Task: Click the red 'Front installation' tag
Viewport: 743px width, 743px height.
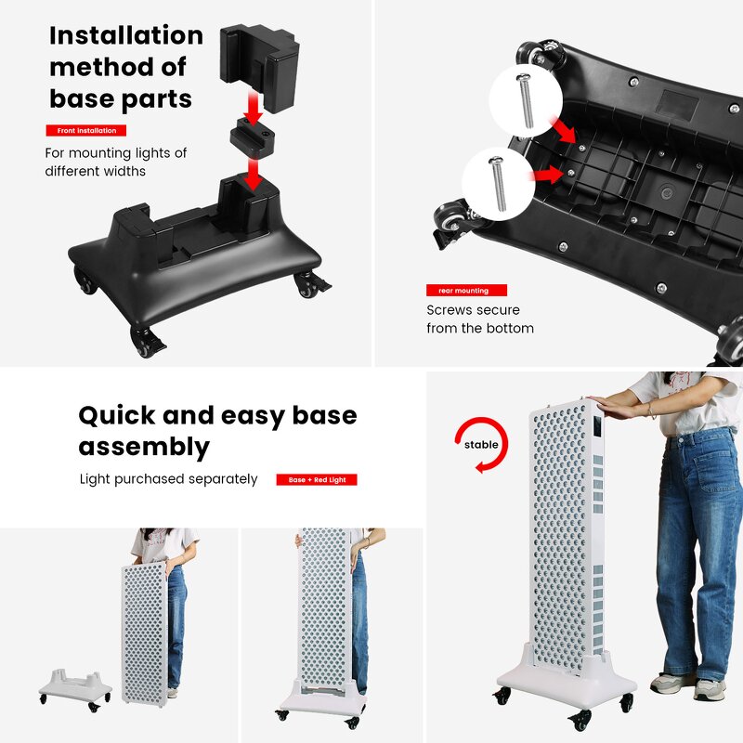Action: pos(86,131)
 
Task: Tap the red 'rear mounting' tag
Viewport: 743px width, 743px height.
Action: pos(466,291)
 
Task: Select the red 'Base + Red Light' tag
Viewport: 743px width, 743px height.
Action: pos(317,480)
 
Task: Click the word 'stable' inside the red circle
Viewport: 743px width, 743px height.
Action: pos(481,445)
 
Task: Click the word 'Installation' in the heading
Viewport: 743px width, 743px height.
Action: pos(125,36)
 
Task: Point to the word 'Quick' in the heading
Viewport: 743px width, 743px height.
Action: pos(120,415)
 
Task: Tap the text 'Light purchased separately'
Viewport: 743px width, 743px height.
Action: pos(168,479)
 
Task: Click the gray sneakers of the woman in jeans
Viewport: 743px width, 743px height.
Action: pos(688,686)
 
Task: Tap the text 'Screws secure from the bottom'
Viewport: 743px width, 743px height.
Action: pos(479,319)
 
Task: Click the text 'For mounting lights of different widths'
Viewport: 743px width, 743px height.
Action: pos(115,162)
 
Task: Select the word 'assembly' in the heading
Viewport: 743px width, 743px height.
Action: pos(143,447)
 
